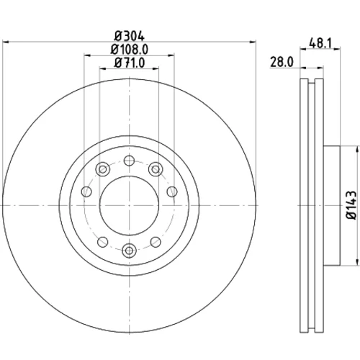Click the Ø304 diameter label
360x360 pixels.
coord(130,37)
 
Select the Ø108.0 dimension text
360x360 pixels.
coord(130,50)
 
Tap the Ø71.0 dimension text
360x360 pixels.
coord(130,63)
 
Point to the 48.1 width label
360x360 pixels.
coord(320,43)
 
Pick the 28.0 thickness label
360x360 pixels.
coord(282,62)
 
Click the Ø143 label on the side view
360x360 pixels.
coord(351,205)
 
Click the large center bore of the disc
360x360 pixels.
coord(129,205)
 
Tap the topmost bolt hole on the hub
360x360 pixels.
coord(129,161)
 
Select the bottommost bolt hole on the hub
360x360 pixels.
coord(129,251)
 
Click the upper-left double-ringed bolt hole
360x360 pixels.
coord(103,169)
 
